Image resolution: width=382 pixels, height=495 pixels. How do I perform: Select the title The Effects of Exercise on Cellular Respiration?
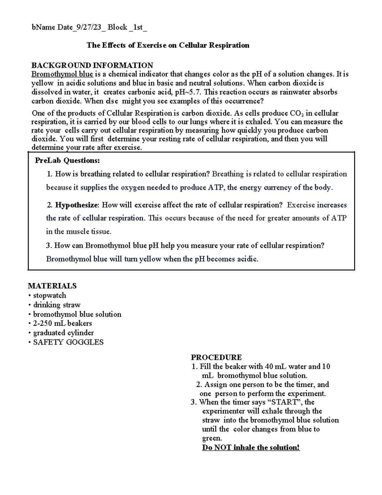point(168,45)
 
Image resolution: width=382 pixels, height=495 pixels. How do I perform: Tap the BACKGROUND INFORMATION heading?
point(92,65)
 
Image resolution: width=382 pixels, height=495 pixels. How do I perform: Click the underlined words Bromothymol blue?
point(62,74)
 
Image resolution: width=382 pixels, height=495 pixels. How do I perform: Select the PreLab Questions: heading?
point(67,160)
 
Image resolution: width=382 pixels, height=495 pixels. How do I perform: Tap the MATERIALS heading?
point(52,286)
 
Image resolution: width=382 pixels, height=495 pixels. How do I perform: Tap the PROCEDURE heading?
point(216,357)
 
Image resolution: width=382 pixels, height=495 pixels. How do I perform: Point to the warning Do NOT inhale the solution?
point(251,448)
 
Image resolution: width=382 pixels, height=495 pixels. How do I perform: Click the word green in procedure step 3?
point(211,438)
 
